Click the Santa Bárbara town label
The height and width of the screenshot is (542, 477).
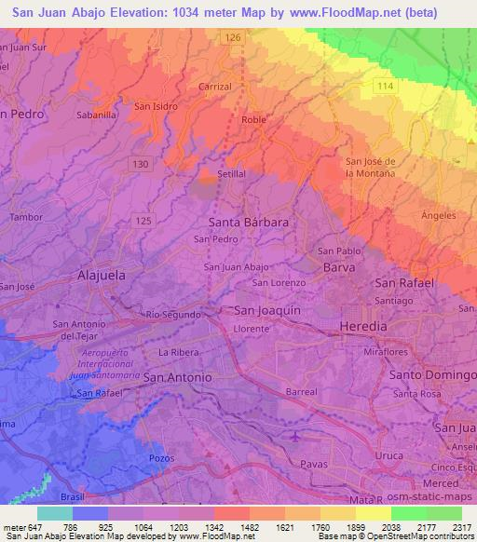248,223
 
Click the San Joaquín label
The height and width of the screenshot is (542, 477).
266,310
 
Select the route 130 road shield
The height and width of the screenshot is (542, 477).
140,164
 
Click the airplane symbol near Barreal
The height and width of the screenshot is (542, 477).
296,435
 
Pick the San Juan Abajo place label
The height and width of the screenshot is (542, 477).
237,266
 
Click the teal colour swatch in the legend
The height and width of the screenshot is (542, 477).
55,513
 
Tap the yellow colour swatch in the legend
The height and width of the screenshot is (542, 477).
375,513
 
